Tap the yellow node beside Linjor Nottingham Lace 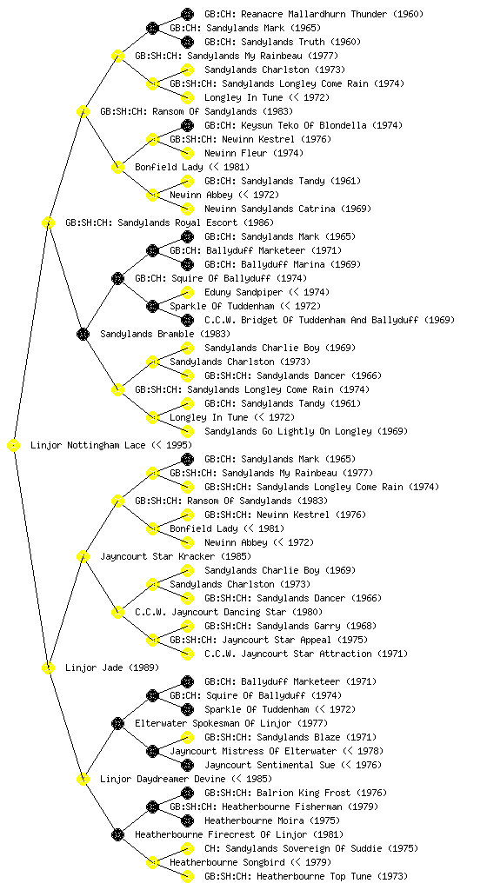point(14,446)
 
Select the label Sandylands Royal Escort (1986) point(169,223)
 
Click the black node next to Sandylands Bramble point(83,335)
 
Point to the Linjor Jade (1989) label point(112,668)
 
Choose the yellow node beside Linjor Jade point(48,668)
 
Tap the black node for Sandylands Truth point(187,42)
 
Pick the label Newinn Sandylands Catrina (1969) point(288,209)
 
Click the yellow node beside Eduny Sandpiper point(187,292)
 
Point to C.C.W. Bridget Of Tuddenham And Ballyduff point(311,320)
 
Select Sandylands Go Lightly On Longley point(288,431)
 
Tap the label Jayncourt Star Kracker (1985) point(176,557)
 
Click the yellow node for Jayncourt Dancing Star point(117,613)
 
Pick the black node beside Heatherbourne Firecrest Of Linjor point(117,835)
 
